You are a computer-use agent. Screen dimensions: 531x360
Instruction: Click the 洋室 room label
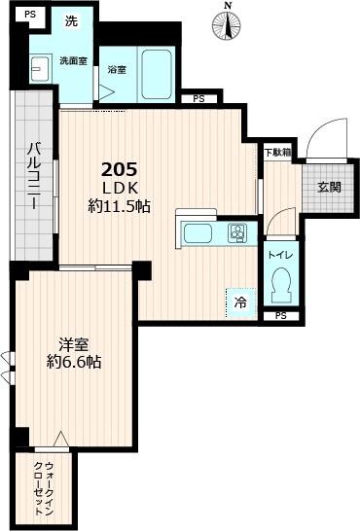[74, 344]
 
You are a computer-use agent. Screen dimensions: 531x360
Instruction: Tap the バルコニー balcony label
[33, 180]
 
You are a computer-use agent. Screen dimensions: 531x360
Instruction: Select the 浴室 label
[117, 70]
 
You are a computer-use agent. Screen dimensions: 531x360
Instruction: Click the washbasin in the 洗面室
[40, 68]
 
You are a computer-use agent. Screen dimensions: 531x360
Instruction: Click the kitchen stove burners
[236, 233]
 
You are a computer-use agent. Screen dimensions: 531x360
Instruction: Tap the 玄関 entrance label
[328, 187]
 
